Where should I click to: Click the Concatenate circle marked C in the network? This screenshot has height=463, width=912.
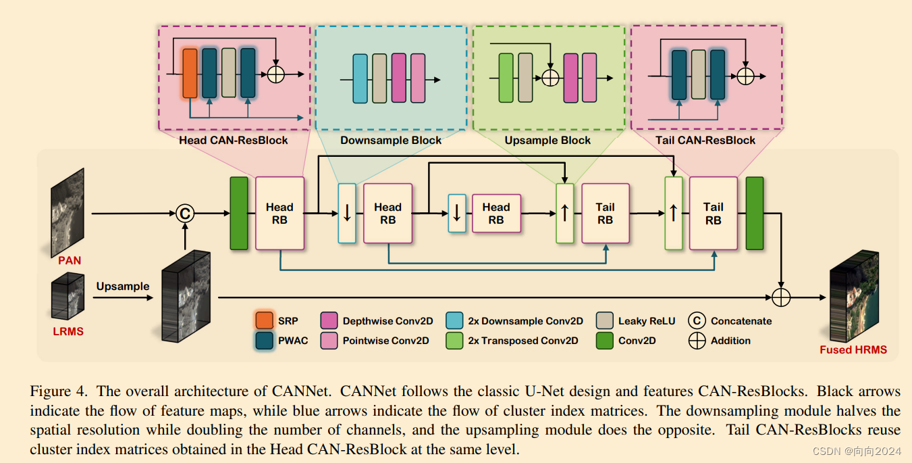coord(184,214)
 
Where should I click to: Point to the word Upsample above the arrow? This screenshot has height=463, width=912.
coord(122,286)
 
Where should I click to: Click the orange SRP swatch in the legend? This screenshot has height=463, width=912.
coord(265,321)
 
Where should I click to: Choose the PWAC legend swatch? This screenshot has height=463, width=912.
coord(265,340)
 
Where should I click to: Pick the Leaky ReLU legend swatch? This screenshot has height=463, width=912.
coord(605,321)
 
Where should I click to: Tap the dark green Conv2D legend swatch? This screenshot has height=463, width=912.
coord(605,340)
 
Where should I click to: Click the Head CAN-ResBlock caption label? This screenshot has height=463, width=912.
coord(234,141)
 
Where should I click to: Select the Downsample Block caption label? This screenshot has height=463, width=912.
coord(391,141)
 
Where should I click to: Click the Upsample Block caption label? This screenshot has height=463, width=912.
coord(547,141)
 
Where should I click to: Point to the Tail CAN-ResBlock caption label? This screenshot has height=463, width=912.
coord(705,141)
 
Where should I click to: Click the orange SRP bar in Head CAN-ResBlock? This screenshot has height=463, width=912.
coord(190,73)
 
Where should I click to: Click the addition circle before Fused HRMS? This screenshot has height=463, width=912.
coord(781,296)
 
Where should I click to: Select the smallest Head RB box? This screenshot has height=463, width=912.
coord(495,214)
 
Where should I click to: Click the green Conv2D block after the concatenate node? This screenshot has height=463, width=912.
coord(239,214)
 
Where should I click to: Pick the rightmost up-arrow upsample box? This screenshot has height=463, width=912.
coord(673,214)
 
